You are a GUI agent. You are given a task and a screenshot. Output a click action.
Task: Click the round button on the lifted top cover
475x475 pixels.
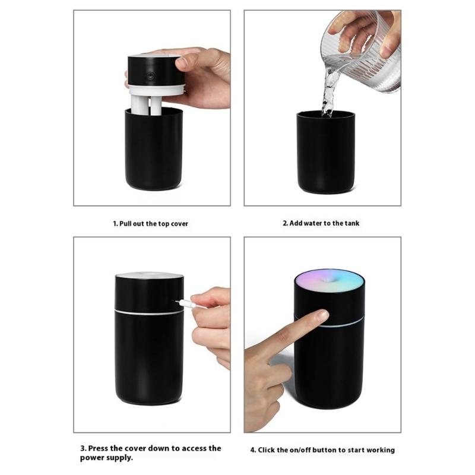(150, 76)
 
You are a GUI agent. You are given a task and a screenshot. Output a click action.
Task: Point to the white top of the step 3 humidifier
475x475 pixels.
(149, 275)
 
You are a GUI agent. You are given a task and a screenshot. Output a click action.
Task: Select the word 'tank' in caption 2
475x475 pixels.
(350, 223)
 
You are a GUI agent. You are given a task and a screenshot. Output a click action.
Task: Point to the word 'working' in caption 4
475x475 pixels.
(380, 450)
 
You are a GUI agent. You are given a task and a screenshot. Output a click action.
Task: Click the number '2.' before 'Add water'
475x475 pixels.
(285, 223)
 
